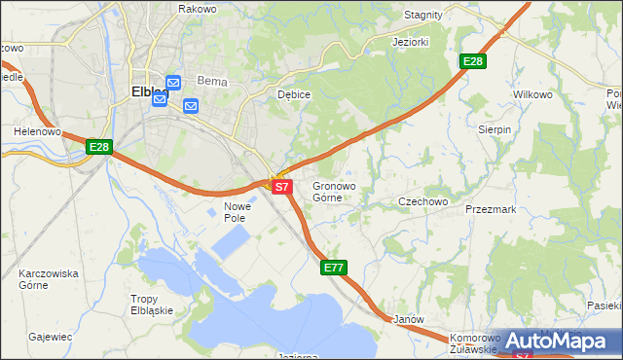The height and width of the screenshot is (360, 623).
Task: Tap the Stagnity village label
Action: (x=422, y=16)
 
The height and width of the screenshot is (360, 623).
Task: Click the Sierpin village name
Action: (x=495, y=129)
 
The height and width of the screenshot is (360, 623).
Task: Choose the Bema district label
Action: (x=211, y=82)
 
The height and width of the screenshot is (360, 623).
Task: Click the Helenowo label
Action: (x=38, y=130)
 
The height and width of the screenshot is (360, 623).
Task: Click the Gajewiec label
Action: (x=51, y=337)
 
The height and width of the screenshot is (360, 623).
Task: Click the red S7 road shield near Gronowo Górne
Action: (x=281, y=186)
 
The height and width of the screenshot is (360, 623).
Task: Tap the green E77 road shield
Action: (x=334, y=268)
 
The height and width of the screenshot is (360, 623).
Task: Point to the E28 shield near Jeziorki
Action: (x=472, y=61)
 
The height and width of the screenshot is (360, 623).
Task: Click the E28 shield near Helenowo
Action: (x=99, y=147)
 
